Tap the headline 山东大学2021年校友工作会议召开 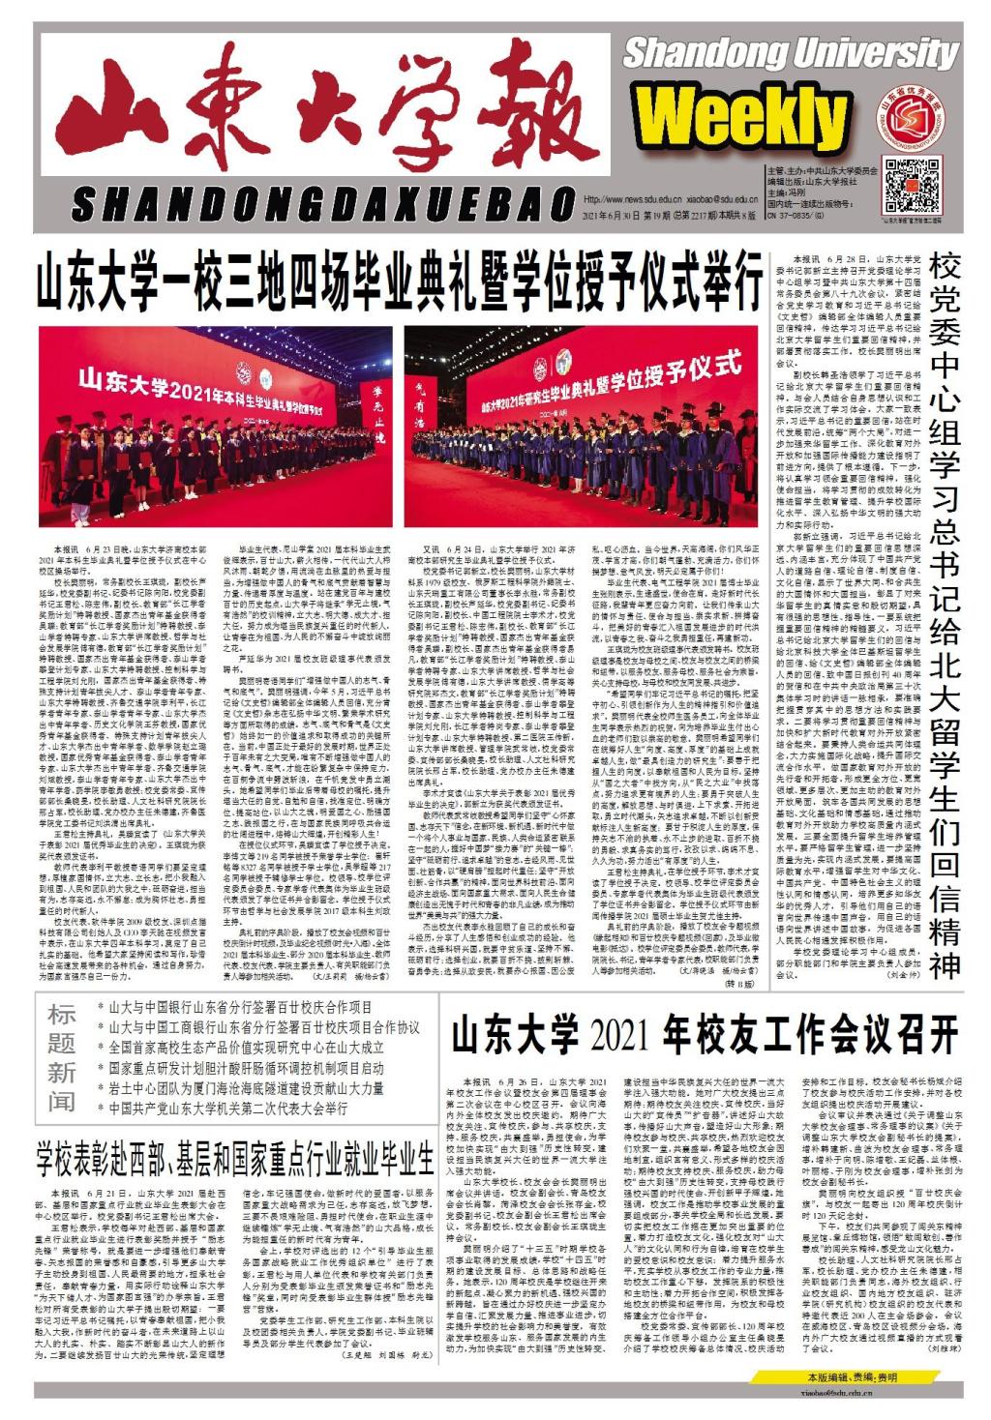pyautogui.click(x=704, y=1034)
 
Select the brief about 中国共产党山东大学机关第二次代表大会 pyautogui.click(x=228, y=1109)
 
